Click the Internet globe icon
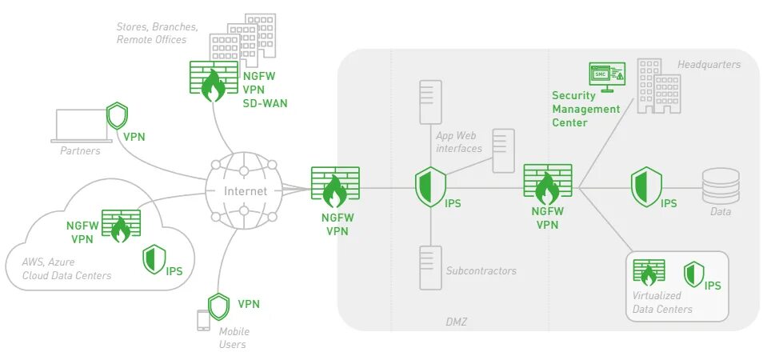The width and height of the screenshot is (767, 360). click(x=244, y=191)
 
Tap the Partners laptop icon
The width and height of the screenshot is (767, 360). click(x=80, y=126)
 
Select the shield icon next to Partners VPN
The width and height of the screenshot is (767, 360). click(x=117, y=115)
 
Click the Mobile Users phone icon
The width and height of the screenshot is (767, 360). click(x=203, y=320)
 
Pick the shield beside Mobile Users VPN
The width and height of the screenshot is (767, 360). click(x=218, y=306)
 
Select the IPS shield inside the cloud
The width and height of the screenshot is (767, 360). click(x=153, y=260)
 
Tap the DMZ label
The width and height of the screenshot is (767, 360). click(x=456, y=322)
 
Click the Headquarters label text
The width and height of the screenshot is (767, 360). click(x=709, y=64)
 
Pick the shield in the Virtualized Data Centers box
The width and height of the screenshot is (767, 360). click(x=693, y=274)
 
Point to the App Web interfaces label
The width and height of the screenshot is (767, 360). click(x=458, y=142)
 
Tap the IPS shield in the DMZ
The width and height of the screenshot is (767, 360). click(x=429, y=186)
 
